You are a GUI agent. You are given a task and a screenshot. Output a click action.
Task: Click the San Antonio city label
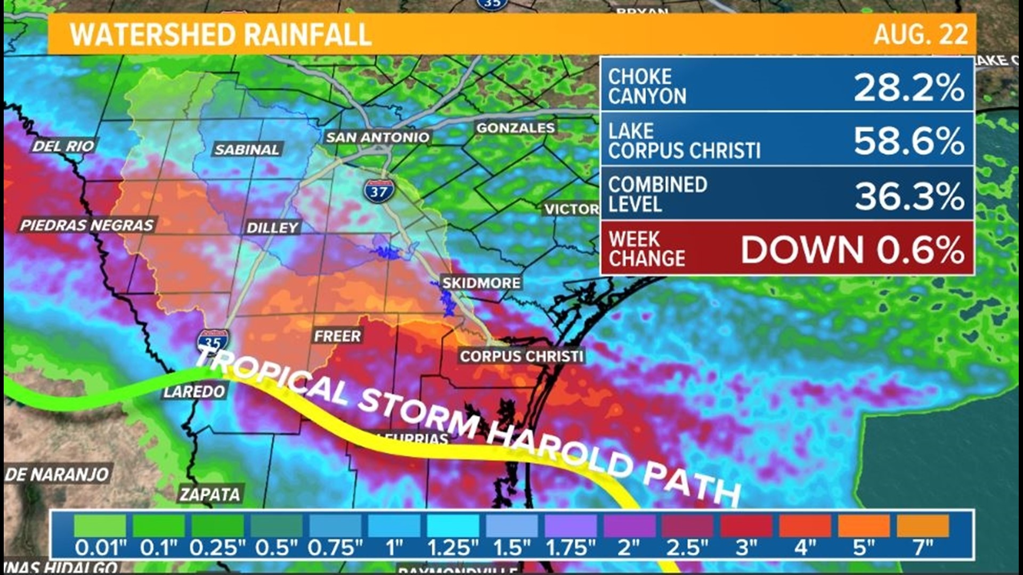(x=377, y=137)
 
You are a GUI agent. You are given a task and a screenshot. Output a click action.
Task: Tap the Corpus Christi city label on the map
(x=522, y=356)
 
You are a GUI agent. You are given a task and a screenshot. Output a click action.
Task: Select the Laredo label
(x=194, y=392)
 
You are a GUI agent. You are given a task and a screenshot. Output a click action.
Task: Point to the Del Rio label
(x=63, y=146)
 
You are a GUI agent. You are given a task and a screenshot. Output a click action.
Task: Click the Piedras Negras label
(x=87, y=225)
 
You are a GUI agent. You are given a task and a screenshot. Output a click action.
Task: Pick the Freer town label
(x=337, y=336)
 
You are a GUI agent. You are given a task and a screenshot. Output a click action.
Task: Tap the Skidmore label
(x=481, y=283)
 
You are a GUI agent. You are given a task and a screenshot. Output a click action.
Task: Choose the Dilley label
(x=272, y=228)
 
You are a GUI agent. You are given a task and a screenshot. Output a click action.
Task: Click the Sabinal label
(x=247, y=150)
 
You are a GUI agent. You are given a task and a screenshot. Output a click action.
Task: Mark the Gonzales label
(x=515, y=128)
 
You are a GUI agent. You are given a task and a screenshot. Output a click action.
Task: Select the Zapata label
(x=210, y=495)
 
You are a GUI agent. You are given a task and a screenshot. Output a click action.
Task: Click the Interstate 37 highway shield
(x=379, y=191)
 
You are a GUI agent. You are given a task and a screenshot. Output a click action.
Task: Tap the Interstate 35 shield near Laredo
(x=213, y=341)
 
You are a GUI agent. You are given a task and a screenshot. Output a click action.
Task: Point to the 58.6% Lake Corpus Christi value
(x=908, y=141)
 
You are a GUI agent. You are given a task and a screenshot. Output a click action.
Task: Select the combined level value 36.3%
(x=909, y=196)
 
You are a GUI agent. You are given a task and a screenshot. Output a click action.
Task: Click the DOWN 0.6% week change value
(x=852, y=249)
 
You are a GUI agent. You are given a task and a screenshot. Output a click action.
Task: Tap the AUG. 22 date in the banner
(x=920, y=35)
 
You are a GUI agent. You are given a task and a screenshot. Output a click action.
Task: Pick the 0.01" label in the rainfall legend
(x=101, y=547)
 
